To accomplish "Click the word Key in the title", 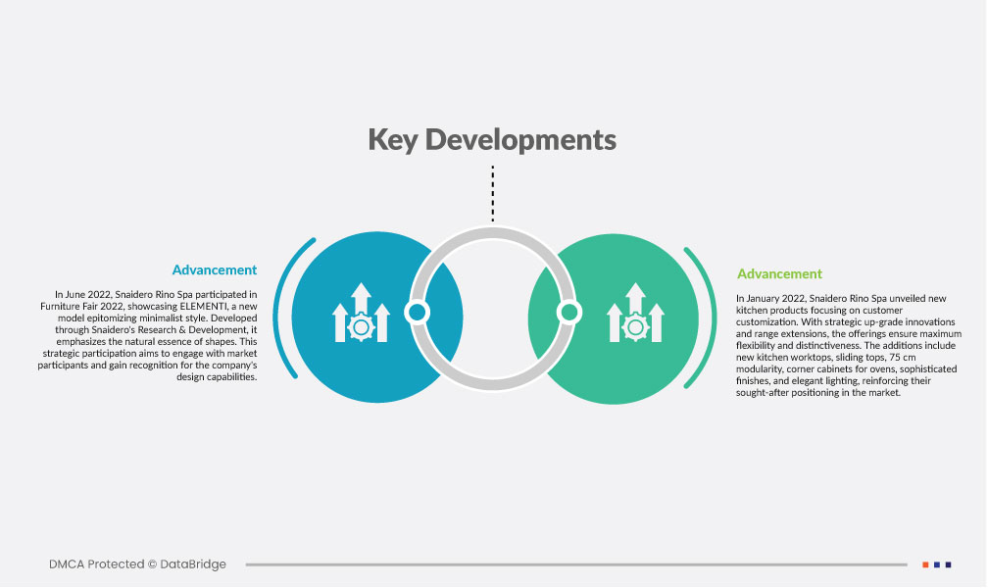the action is point(392,140).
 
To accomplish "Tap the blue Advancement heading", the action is point(215,269).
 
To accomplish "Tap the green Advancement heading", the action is point(779,273).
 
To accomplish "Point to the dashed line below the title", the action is point(493,193).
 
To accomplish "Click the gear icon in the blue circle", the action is point(361,327).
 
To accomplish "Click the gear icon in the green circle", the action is point(636,327).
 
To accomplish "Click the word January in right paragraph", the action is point(763,298).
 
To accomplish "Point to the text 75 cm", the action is point(903,358).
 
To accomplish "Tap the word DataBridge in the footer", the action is point(193,564).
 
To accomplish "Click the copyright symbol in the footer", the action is point(152,564).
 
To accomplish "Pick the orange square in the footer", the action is point(925,564).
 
